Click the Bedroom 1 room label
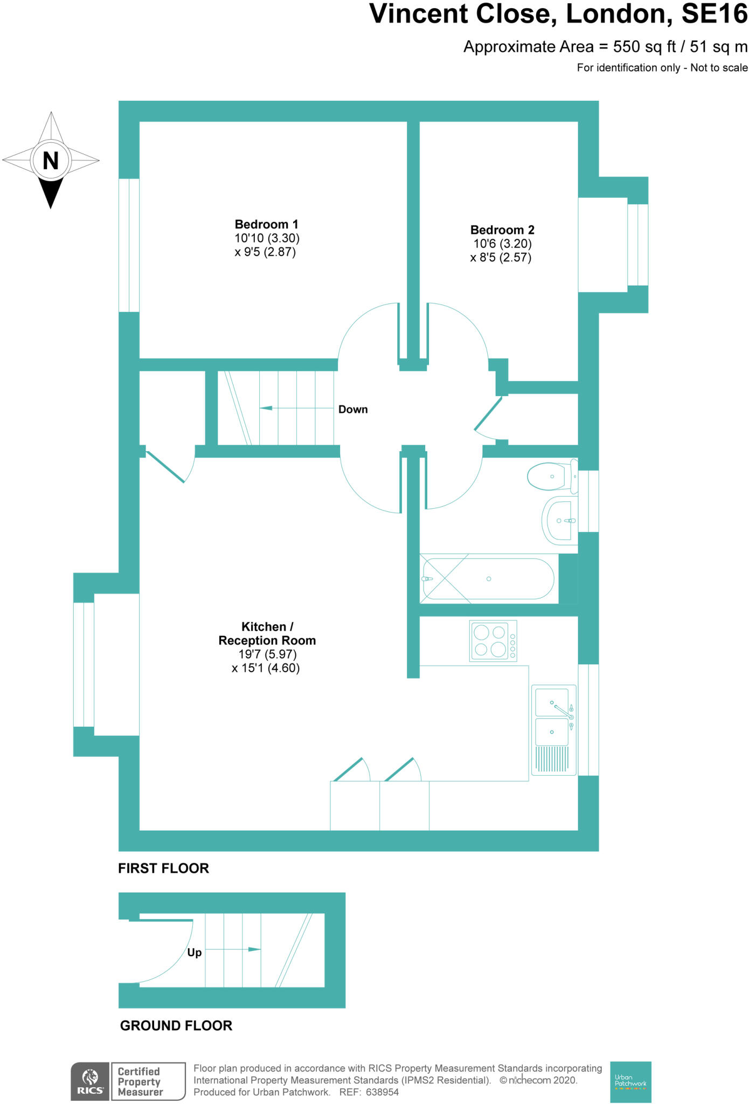point(266,224)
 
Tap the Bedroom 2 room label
point(502,230)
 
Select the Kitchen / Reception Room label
point(267,633)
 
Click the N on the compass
point(51,161)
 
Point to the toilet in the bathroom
point(549,477)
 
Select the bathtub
point(488,579)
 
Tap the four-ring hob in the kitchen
point(493,641)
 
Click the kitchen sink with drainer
point(553,730)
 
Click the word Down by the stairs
point(353,410)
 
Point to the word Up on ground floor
point(194,953)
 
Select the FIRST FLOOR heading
point(163,868)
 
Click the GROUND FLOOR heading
point(176,1026)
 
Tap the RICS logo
point(90,1081)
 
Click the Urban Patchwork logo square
point(630,1081)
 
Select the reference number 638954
point(382,1093)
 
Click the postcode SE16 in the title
point(714,15)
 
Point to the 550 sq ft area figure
point(644,47)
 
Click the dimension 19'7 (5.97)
point(267,654)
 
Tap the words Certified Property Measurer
point(140,1082)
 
